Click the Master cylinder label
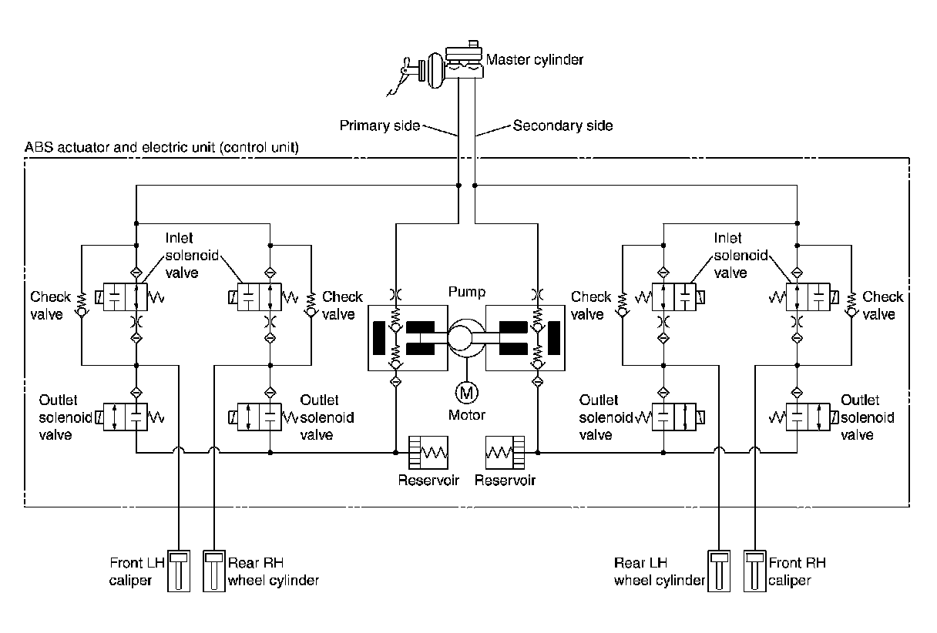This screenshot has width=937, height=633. pos(535,60)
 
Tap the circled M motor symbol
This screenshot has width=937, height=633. pos(466,393)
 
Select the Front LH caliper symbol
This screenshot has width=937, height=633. pos(179,571)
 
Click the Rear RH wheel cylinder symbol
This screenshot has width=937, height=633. pos(214,571)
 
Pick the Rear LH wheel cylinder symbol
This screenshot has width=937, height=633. pos(719,571)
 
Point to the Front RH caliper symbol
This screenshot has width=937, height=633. pos(755,571)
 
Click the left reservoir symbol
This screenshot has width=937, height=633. pos(428,453)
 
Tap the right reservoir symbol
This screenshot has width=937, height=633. pos(505,453)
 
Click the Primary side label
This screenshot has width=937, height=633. pos(379,126)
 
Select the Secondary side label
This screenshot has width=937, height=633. pos(563,126)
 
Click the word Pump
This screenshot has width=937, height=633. pos(467,292)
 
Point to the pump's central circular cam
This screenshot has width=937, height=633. pos(460,338)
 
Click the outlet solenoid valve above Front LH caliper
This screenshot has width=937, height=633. pos(125,417)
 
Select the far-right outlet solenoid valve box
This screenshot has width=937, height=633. pos(808,417)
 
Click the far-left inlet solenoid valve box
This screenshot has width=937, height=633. pos(125,296)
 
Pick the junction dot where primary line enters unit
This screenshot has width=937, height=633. pos(458,186)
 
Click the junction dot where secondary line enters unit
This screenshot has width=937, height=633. pos(475,186)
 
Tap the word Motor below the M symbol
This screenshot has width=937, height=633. pos(467,415)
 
